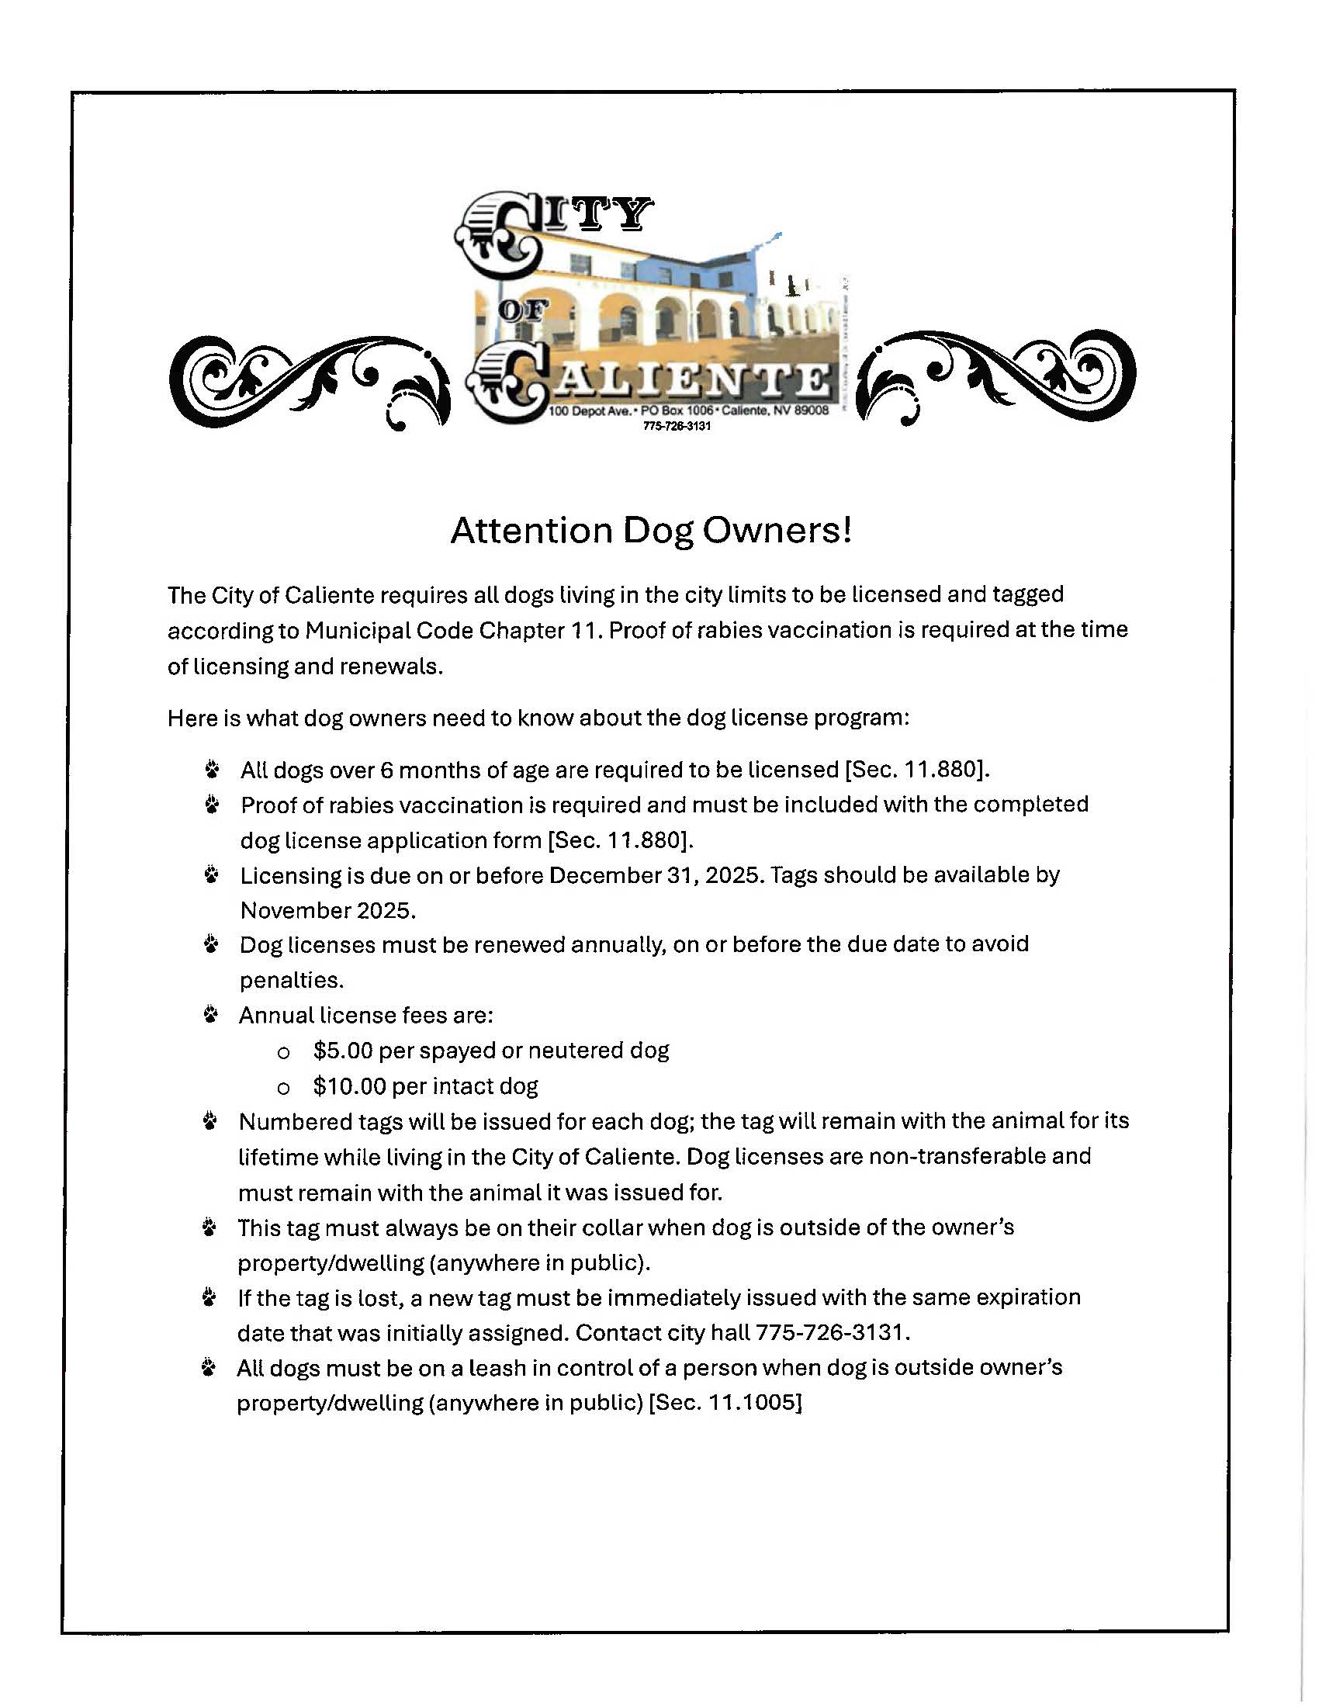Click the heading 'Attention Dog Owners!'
point(651,531)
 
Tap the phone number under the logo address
point(677,426)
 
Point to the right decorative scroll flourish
point(996,376)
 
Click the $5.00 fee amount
point(342,1051)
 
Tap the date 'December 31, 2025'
point(655,874)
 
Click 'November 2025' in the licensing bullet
point(327,911)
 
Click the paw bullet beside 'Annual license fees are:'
point(210,1016)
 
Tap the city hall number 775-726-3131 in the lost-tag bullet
point(831,1332)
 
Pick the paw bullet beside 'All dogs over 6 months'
point(212,770)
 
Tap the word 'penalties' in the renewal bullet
point(289,980)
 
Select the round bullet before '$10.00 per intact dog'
point(284,1088)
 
